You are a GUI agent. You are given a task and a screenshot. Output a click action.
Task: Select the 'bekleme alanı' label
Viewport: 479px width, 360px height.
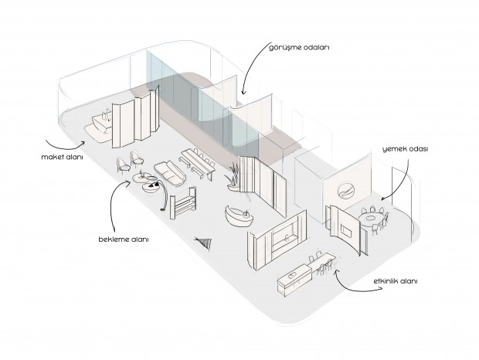coord(123,239)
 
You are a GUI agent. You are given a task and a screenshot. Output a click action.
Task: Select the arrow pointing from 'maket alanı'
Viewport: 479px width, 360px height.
coord(66,144)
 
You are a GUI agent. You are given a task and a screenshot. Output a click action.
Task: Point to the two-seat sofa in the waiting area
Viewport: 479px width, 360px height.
coord(169,174)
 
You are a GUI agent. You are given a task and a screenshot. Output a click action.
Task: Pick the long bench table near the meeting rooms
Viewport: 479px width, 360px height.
coord(197,162)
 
